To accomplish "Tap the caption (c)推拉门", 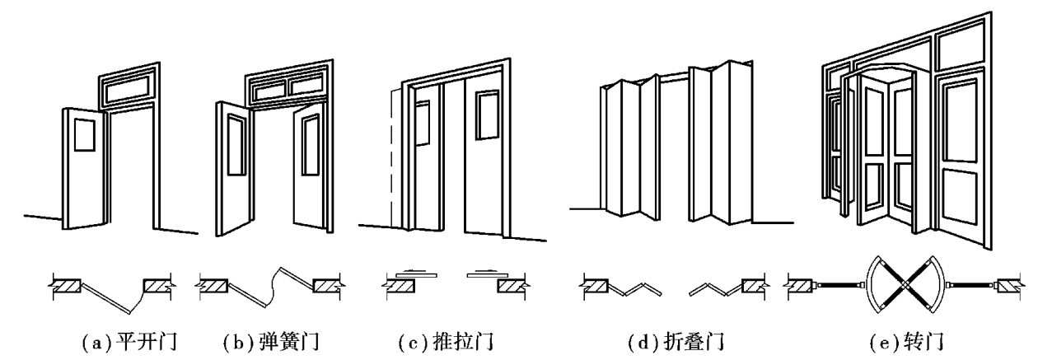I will point(447,339).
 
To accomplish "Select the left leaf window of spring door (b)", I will point(236,145).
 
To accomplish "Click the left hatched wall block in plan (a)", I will point(67,287).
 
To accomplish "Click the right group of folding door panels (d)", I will point(716,144).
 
